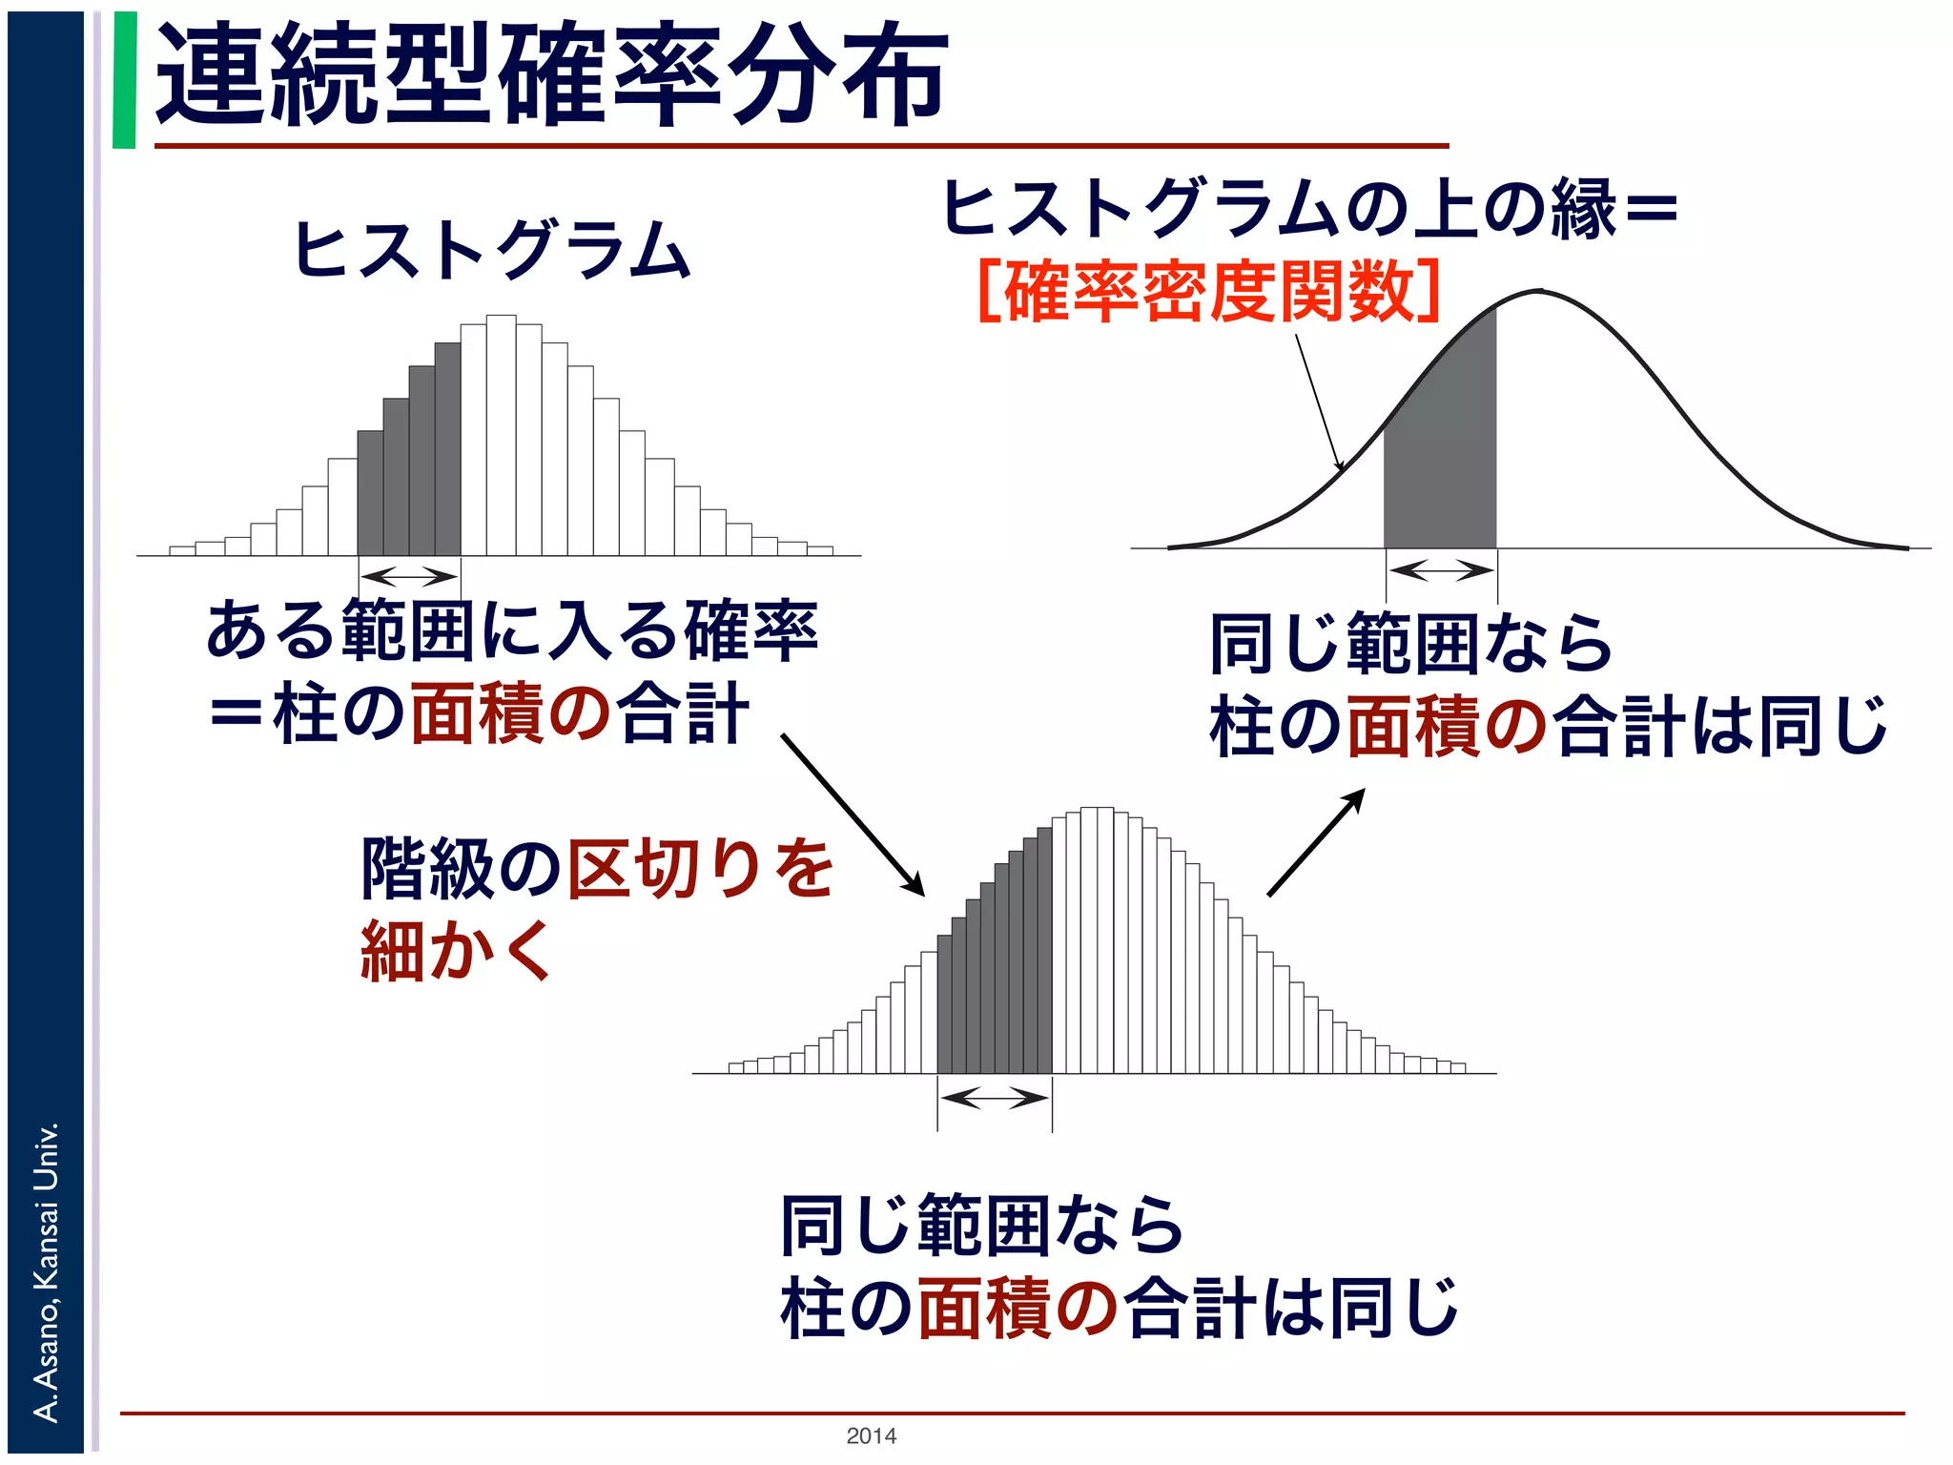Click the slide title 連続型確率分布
551,76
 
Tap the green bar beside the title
124,80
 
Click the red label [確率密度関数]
1209,292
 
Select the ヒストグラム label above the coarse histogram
492,250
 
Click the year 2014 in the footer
871,1435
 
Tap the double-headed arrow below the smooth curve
1441,571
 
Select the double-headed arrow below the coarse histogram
409,576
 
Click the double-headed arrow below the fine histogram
995,1098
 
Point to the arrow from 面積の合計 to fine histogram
853,815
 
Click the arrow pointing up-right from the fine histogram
1316,842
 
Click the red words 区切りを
701,868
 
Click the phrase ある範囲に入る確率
512,631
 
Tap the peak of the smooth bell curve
1538,291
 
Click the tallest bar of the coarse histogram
501,435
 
